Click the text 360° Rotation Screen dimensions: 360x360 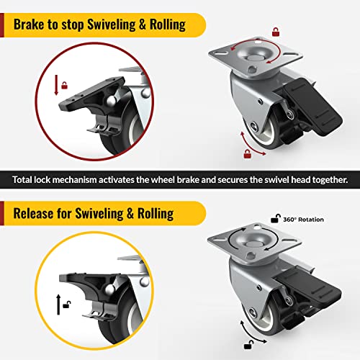(x=304, y=220)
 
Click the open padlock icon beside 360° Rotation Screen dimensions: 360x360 (x=274, y=218)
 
